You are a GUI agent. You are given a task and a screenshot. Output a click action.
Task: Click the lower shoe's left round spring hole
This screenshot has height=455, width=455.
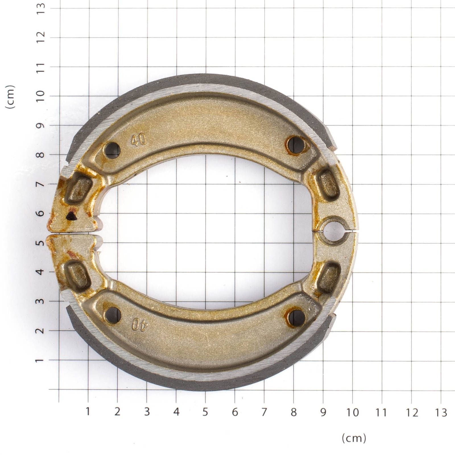113,315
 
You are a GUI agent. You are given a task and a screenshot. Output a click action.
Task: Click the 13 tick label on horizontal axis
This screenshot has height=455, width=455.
440,413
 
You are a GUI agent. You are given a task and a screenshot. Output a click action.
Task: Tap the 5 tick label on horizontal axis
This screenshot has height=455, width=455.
205,412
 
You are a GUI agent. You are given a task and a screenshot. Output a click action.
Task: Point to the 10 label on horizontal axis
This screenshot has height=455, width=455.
353,412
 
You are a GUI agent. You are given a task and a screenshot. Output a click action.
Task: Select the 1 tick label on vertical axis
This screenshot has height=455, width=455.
40,360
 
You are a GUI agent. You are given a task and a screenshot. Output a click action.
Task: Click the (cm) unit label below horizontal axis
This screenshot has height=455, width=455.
354,438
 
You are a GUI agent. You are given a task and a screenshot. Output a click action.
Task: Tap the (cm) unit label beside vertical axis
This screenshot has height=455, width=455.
10,97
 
